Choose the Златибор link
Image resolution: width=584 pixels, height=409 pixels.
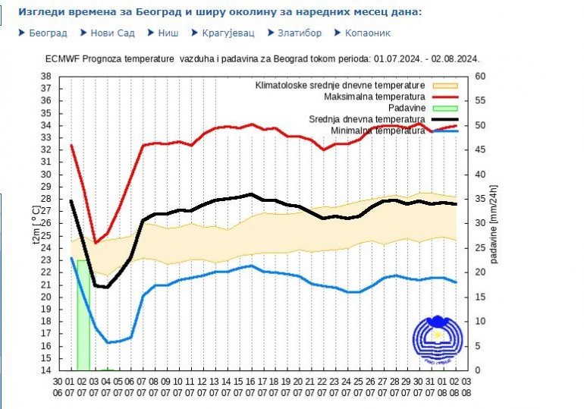[x=299, y=33]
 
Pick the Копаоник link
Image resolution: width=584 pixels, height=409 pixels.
[x=368, y=33]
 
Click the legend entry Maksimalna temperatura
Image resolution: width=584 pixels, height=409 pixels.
[x=374, y=97]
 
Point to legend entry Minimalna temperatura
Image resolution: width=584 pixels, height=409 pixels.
[x=378, y=131]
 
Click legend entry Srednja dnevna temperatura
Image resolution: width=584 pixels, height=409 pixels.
[x=367, y=119]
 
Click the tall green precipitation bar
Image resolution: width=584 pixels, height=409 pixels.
[x=83, y=315]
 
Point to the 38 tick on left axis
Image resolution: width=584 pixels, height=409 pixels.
[x=46, y=76]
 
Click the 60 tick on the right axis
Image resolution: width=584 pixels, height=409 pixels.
[x=480, y=76]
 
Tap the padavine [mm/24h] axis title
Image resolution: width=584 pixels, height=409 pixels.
[x=494, y=223]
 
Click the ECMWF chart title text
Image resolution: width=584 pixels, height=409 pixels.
[x=262, y=58]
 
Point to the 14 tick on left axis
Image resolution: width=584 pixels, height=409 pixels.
[x=46, y=370]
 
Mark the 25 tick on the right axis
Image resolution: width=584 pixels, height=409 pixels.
[x=480, y=247]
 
